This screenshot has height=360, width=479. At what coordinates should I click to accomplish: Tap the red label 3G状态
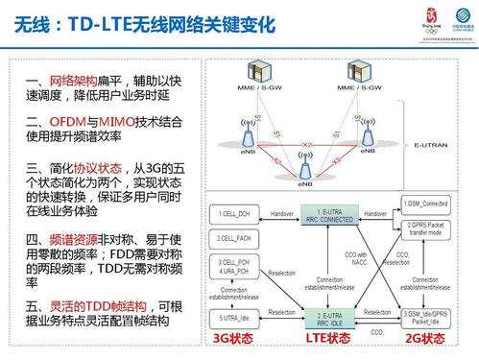[232, 338]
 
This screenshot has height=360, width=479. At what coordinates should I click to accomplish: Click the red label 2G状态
[423, 338]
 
